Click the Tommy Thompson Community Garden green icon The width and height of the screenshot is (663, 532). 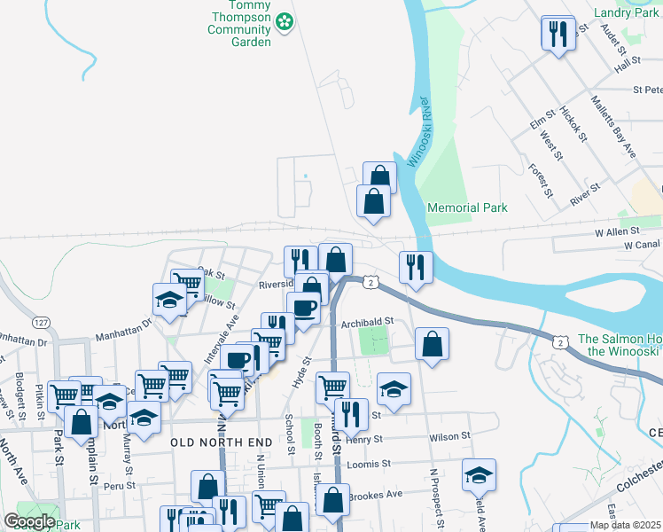285,20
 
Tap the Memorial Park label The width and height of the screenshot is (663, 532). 467,207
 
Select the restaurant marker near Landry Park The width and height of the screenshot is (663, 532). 558,35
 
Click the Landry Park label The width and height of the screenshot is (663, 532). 627,13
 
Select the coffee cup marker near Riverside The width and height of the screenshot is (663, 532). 304,309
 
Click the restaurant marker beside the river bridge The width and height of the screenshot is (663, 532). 415,267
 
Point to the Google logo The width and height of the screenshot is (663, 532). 29,521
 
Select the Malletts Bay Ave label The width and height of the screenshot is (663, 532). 615,128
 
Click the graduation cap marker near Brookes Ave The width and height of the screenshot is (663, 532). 479,475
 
